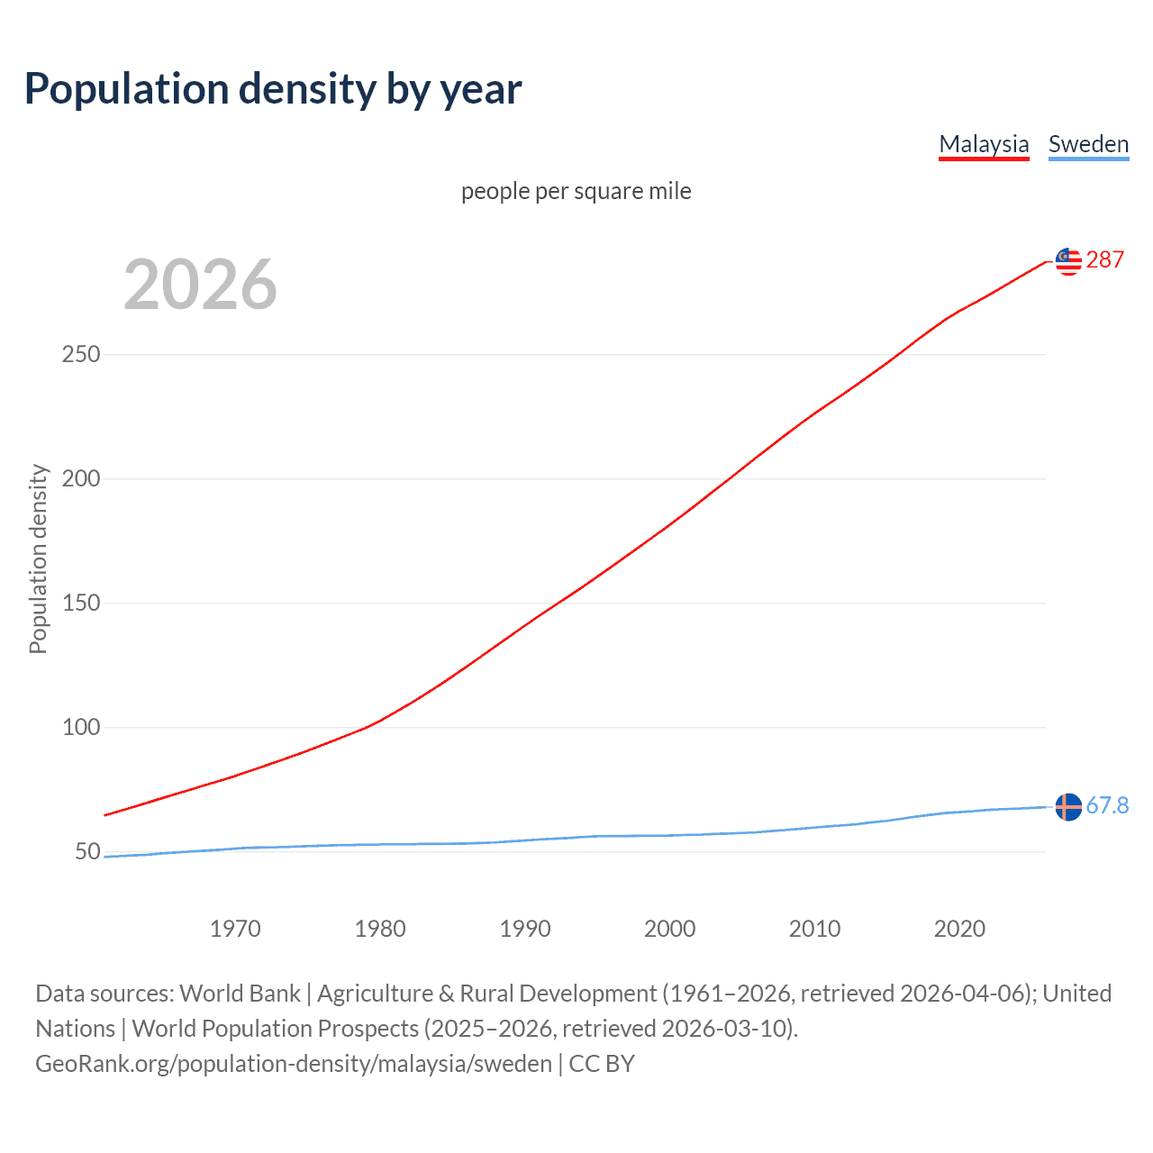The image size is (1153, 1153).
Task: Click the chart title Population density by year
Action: pos(273,88)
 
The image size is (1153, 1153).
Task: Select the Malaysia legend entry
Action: pos(984,144)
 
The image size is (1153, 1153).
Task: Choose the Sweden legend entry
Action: pos(1088,144)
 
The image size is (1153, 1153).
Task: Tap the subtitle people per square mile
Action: pos(576,191)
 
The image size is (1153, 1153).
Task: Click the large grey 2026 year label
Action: pos(200,285)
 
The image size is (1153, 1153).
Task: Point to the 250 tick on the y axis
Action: pos(81,354)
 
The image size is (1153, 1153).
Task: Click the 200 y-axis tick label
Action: pos(81,478)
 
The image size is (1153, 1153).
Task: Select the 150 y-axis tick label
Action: pos(81,603)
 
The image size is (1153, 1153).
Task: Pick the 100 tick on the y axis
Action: pos(81,727)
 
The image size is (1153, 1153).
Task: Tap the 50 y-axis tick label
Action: pos(87,851)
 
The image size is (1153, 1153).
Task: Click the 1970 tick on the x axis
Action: pos(235,929)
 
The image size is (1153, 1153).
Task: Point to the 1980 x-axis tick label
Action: pos(380,929)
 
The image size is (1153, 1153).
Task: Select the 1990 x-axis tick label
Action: pos(525,929)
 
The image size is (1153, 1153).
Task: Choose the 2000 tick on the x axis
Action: pos(670,929)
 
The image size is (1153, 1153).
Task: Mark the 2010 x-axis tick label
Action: pos(814,929)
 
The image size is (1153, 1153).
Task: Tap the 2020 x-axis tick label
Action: pos(959,929)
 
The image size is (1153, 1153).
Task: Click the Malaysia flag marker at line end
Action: pos(1068,261)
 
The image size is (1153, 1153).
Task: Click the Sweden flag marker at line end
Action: pos(1068,807)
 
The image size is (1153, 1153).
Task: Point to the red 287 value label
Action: pos(1105,259)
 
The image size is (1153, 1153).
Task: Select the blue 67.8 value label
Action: pos(1107,805)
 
